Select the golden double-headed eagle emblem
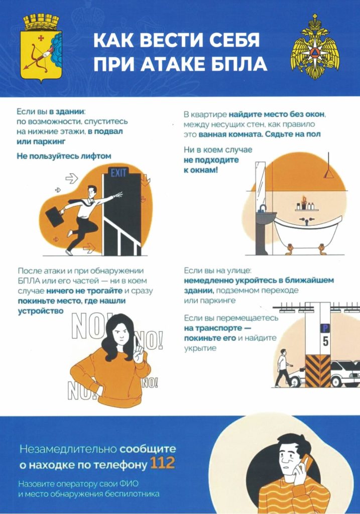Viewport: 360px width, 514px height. pyautogui.click(x=315, y=47)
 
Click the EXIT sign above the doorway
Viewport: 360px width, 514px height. pyautogui.click(x=118, y=173)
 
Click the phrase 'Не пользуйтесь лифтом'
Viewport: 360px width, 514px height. pyautogui.click(x=64, y=156)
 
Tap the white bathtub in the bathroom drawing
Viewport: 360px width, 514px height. pyautogui.click(x=307, y=233)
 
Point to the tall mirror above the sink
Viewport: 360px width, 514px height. pyautogui.click(x=260, y=184)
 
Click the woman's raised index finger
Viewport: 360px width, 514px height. pyautogui.click(x=138, y=342)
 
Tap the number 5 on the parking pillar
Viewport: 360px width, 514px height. pyautogui.click(x=325, y=341)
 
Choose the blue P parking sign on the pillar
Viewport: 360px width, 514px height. pyautogui.click(x=325, y=328)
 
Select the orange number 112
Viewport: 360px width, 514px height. pyautogui.click(x=163, y=463)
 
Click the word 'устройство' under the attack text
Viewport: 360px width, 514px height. pyautogui.click(x=41, y=311)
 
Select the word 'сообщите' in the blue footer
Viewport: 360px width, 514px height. pyautogui.click(x=148, y=449)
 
